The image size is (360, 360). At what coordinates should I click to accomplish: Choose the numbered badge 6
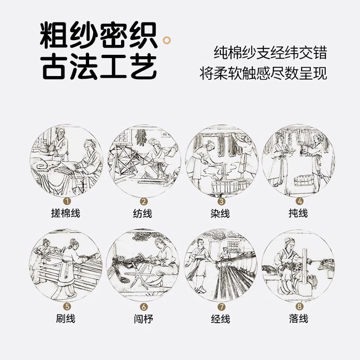pos(143,307)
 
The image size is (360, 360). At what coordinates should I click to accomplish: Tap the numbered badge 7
pos(221,307)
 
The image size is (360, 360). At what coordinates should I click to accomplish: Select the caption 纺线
pos(143,213)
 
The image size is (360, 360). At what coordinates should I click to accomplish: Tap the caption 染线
pos(221,213)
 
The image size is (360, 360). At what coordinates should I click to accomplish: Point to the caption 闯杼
pos(143,319)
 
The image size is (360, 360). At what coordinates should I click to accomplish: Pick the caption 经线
pos(221,319)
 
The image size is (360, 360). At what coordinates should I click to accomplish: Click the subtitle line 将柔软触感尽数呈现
pos(263,73)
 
